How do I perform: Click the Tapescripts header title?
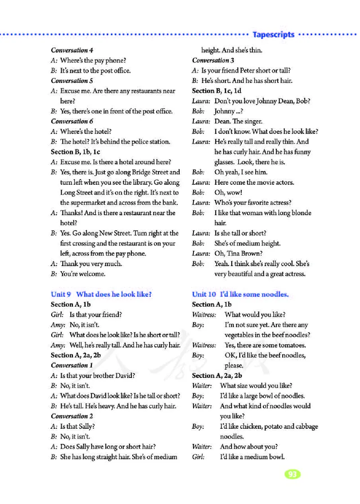pyautogui.click(x=274, y=35)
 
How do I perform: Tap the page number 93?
pyautogui.click(x=292, y=474)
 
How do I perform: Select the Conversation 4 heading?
pyautogui.click(x=72, y=50)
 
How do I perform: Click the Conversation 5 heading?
pyautogui.click(x=72, y=81)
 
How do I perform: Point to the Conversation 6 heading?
pyautogui.click(x=72, y=121)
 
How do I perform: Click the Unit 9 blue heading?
pyautogui.click(x=101, y=294)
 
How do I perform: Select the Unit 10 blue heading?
pyautogui.click(x=240, y=294)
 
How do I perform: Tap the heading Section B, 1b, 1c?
pyautogui.click(x=76, y=152)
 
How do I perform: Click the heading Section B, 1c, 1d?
pyautogui.click(x=217, y=91)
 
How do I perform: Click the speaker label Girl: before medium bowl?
pyautogui.click(x=198, y=457)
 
